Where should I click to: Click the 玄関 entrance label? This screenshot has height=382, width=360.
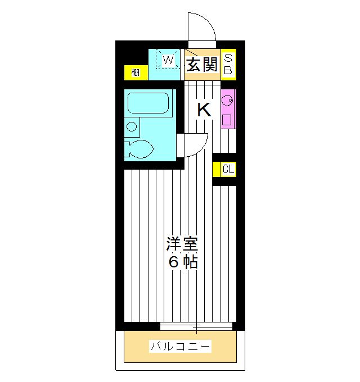(x=202, y=65)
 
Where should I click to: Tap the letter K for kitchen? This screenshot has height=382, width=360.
(x=204, y=110)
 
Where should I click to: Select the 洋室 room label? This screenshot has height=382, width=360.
(x=182, y=245)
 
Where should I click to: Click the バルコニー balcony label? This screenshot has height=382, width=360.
(x=180, y=347)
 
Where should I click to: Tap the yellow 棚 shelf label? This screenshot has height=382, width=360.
(x=136, y=72)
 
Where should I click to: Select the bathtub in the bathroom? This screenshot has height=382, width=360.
(x=148, y=103)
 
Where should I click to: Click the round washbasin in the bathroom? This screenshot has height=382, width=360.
(x=132, y=126)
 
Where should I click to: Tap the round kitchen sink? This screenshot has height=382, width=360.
(x=228, y=101)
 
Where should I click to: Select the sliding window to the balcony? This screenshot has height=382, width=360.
(x=196, y=326)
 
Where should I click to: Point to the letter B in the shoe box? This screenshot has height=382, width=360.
(x=228, y=70)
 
